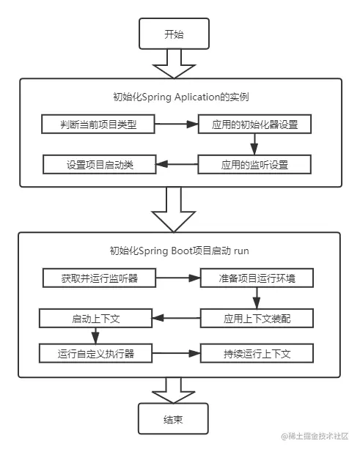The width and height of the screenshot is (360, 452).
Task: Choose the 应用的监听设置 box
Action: (255, 164)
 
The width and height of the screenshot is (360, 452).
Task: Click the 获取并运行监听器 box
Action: (98, 279)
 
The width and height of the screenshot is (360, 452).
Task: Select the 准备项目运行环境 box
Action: (256, 279)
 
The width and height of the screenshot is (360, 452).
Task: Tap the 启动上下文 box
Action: (95, 318)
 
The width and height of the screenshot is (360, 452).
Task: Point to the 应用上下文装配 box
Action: (257, 319)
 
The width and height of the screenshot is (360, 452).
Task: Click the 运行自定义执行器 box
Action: (96, 354)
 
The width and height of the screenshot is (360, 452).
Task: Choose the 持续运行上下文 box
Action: (257, 354)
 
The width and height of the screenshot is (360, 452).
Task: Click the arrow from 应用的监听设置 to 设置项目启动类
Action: (177, 164)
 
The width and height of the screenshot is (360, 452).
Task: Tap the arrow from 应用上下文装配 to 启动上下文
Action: (175, 318)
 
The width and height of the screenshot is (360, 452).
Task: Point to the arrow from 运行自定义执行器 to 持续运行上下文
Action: (177, 354)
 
